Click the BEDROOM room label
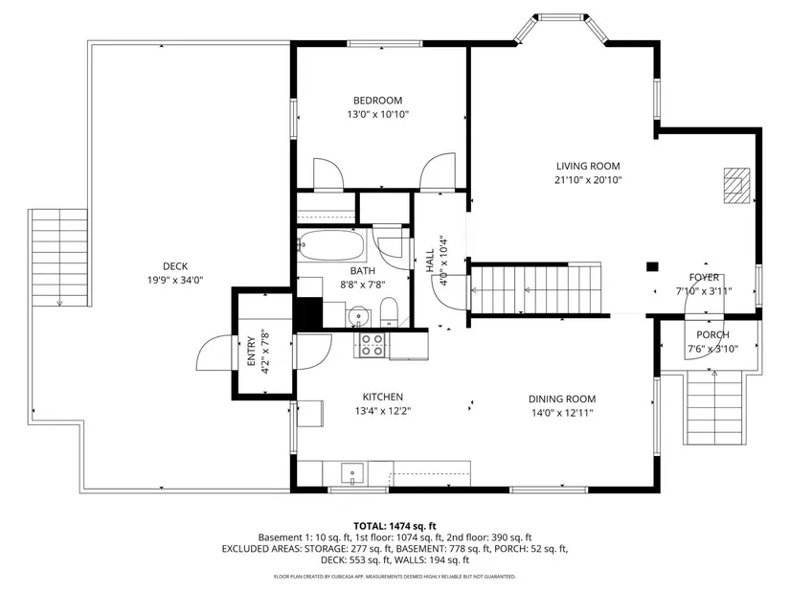pyautogui.click(x=377, y=101)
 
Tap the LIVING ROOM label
pyautogui.click(x=588, y=166)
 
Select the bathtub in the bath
pyautogui.click(x=330, y=245)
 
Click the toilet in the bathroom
pyautogui.click(x=389, y=312)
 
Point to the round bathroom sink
pyautogui.click(x=358, y=316)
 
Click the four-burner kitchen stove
pyautogui.click(x=372, y=346)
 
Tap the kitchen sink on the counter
pyautogui.click(x=352, y=474)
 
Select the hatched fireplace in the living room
pyautogui.click(x=736, y=186)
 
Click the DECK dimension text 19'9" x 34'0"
pyautogui.click(x=175, y=281)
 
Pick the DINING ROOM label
pyautogui.click(x=562, y=399)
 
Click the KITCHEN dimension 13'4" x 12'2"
pyautogui.click(x=383, y=411)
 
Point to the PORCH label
pyautogui.click(x=712, y=335)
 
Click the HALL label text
pyautogui.click(x=430, y=261)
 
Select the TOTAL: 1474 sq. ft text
pyautogui.click(x=395, y=527)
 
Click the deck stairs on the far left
pyautogui.click(x=59, y=258)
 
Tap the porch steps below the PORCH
pyautogui.click(x=714, y=408)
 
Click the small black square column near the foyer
pyautogui.click(x=652, y=266)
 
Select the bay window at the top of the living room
pyautogui.click(x=561, y=28)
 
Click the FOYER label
pyautogui.click(x=704, y=277)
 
